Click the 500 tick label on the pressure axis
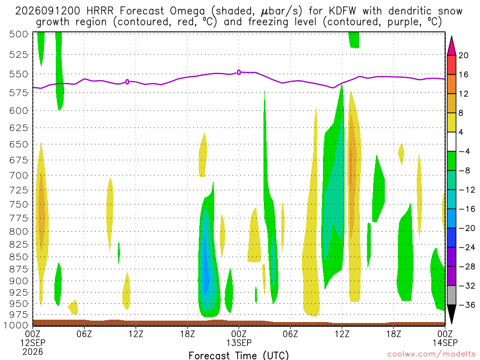click(x=19, y=34)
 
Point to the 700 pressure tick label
click(x=19, y=175)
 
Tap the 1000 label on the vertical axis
click(x=16, y=325)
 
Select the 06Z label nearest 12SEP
click(x=84, y=334)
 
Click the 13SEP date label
click(x=239, y=343)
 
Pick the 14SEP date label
click(x=445, y=343)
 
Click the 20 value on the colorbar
click(x=463, y=55)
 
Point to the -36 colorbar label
click(x=466, y=305)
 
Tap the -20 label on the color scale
click(x=466, y=228)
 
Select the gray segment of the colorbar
click(x=451, y=295)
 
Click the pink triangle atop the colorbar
click(x=451, y=46)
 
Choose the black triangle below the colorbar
click(x=451, y=314)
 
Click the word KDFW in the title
click(x=343, y=11)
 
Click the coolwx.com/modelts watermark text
click(x=431, y=354)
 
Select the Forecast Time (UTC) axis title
click(x=239, y=355)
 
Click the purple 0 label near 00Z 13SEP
click(x=239, y=73)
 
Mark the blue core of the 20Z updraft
click(x=206, y=270)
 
